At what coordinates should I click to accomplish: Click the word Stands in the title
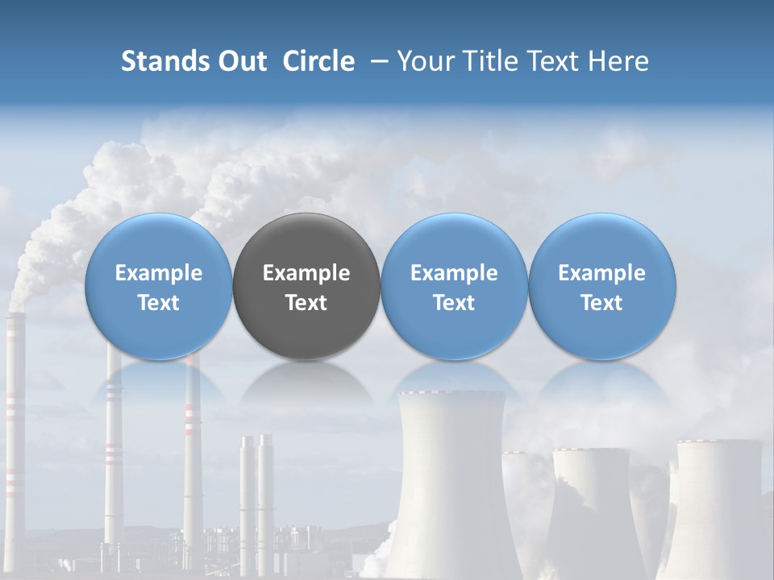pos(164,61)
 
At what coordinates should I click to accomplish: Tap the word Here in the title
pos(618,61)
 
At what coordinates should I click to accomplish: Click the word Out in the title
pos(241,61)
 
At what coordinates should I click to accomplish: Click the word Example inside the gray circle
pos(306,273)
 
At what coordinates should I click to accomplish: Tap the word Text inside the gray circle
pos(306,303)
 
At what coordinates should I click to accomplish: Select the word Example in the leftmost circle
pos(159,273)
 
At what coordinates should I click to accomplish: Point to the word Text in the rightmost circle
pos(601,303)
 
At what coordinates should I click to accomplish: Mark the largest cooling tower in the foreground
pos(451,483)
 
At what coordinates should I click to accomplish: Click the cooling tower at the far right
pos(718,499)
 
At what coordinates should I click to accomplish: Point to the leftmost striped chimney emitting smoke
pos(14,419)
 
